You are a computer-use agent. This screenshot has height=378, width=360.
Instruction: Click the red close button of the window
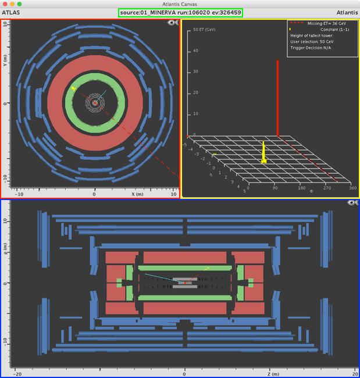pyautogui.click(x=5, y=4)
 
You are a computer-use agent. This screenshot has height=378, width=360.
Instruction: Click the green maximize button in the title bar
pyautogui.click(x=20, y=4)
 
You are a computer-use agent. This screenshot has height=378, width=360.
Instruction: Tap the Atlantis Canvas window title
pyautogui.click(x=180, y=4)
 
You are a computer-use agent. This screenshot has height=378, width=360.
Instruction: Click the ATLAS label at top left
pyautogui.click(x=11, y=13)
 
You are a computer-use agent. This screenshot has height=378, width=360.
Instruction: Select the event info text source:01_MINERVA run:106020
pyautogui.click(x=165, y=13)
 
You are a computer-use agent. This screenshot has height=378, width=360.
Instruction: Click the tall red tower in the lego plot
pyautogui.click(x=277, y=98)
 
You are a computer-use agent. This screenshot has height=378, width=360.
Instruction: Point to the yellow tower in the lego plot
pyautogui.click(x=263, y=152)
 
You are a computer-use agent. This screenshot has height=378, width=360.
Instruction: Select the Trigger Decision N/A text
pyautogui.click(x=311, y=48)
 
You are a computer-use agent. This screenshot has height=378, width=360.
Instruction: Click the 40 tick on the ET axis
pyautogui.click(x=195, y=51)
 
